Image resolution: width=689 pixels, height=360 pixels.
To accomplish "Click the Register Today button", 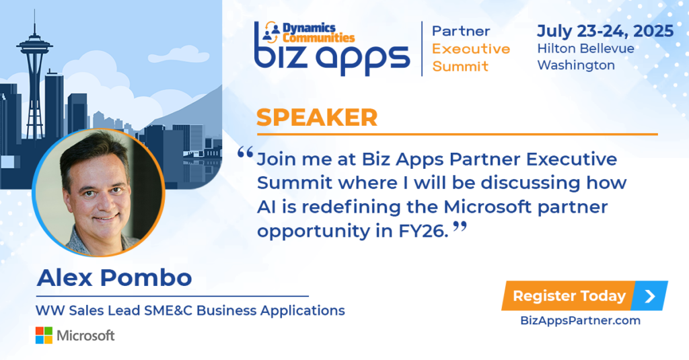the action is click(x=585, y=296).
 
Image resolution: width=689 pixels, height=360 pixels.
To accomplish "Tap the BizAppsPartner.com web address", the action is click(x=580, y=320).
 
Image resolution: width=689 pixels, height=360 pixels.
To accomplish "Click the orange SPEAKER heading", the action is click(x=317, y=117).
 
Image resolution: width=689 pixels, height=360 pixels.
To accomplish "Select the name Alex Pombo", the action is click(x=114, y=278).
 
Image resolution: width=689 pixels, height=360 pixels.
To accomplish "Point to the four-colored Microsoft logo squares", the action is click(x=44, y=335).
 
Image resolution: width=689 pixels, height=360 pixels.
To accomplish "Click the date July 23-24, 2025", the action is click(x=605, y=31).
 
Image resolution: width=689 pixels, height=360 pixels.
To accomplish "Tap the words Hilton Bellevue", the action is click(x=586, y=48).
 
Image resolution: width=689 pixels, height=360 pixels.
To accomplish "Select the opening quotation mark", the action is click(x=245, y=153).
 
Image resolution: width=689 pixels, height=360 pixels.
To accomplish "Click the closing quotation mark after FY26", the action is click(x=460, y=227).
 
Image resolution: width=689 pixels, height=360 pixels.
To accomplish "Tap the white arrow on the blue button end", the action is click(x=649, y=296).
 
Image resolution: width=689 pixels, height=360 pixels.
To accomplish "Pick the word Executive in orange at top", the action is click(x=471, y=49).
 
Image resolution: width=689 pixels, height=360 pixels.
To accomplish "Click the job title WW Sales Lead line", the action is click(x=190, y=310).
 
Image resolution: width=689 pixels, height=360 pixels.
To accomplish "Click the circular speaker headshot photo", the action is click(x=98, y=192).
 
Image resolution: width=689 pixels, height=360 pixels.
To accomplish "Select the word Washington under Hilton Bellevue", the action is click(x=576, y=65).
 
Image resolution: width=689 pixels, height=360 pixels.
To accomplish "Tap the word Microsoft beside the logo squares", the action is click(x=85, y=336).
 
